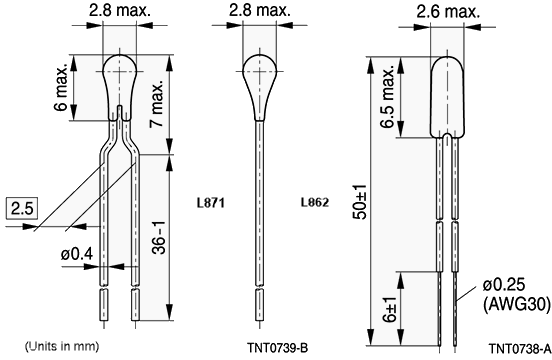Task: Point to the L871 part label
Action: (x=210, y=201)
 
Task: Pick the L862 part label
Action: (x=314, y=201)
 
